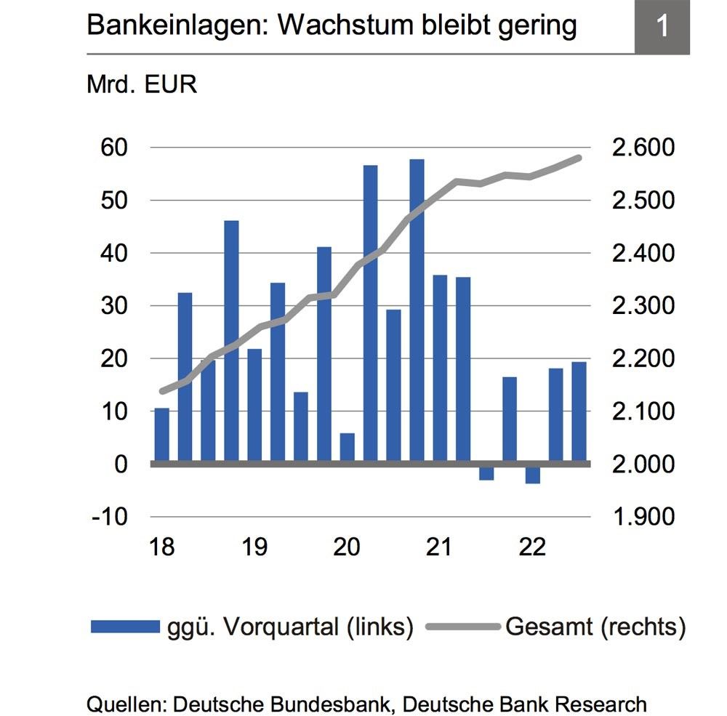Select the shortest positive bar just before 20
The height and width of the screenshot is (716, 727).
pyautogui.click(x=347, y=448)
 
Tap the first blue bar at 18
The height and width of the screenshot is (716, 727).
pyautogui.click(x=161, y=435)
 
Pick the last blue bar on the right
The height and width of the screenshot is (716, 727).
pyautogui.click(x=579, y=411)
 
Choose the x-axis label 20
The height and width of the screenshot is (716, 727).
pyautogui.click(x=347, y=547)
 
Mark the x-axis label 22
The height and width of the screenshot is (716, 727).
pyautogui.click(x=532, y=547)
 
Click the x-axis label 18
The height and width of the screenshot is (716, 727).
pyautogui.click(x=161, y=547)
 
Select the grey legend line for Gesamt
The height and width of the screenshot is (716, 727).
pyautogui.click(x=462, y=626)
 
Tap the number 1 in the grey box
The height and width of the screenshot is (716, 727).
pyautogui.click(x=662, y=26)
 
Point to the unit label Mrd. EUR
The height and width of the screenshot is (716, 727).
pyautogui.click(x=142, y=84)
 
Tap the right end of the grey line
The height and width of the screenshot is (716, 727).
pyautogui.click(x=579, y=158)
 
